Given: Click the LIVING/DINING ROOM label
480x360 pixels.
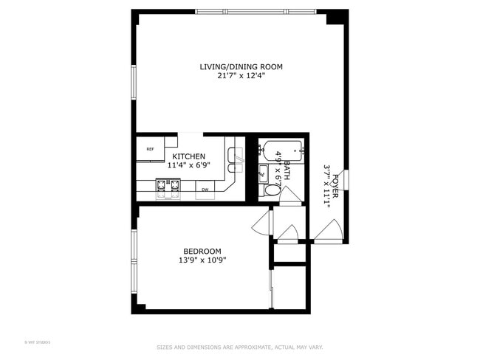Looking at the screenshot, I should coord(241,66).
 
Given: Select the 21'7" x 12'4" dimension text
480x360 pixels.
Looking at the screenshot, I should coord(241,76).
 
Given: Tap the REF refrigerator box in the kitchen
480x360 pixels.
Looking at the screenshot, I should coord(150,149).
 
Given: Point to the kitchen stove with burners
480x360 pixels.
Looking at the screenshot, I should coord(167,190).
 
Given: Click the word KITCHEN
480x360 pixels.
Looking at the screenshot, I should coord(189,157).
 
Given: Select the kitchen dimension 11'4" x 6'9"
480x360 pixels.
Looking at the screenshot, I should coord(189,166).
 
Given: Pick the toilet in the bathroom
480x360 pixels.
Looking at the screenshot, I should coord(272,190).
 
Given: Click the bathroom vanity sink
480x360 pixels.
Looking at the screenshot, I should coord(263,175).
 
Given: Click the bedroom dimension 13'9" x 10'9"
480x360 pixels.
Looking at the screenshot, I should coord(202,260).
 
